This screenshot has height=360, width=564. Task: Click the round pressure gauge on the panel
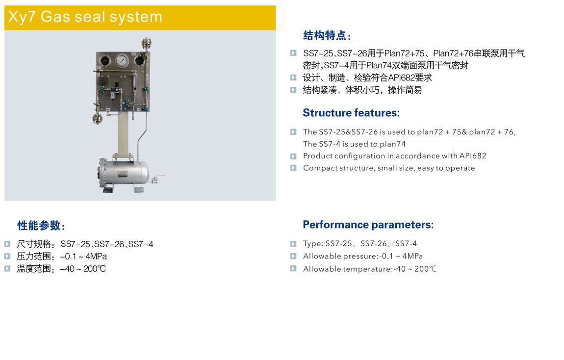tap(122, 60)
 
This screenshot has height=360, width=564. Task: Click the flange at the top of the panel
tap(147, 43)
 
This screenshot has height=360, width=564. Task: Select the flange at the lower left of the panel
tap(97, 119)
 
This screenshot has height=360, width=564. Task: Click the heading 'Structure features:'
tap(351, 113)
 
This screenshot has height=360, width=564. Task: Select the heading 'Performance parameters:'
tap(368, 225)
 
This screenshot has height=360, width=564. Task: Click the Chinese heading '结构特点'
tap(325, 36)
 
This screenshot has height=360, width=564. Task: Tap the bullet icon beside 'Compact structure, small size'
tap(293, 168)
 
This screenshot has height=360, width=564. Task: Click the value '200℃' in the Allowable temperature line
tap(425, 269)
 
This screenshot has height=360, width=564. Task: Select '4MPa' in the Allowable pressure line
tap(412, 256)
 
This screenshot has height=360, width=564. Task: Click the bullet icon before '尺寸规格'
tap(7, 244)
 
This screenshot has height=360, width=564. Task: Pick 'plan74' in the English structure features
tap(392, 144)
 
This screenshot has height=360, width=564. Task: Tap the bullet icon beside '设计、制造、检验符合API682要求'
tap(293, 77)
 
